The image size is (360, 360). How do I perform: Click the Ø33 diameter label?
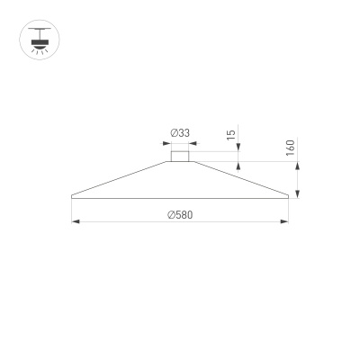(x=180, y=133)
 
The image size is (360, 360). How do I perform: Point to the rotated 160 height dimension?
(x=291, y=148)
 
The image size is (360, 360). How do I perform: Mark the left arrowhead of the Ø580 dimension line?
(x=75, y=221)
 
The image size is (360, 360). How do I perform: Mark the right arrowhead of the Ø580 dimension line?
(x=286, y=221)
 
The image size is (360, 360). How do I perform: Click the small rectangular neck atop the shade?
(x=180, y=157)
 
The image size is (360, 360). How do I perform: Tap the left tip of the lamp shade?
(x=71, y=195)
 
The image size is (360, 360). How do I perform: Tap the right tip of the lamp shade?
(x=290, y=195)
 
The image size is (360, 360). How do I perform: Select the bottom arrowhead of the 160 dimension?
(x=298, y=192)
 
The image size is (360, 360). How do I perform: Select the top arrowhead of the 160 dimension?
(x=298, y=166)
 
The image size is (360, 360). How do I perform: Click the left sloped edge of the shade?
(x=121, y=178)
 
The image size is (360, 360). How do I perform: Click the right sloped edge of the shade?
(x=238, y=178)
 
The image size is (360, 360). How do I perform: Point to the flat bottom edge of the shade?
(x=180, y=196)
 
